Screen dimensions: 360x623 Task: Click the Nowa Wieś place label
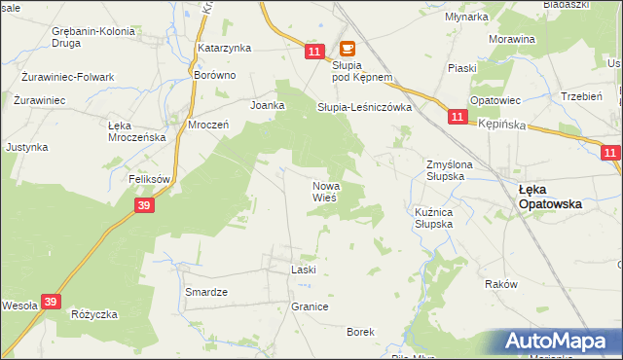point(325,192)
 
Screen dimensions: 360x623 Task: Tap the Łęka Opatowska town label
point(550,198)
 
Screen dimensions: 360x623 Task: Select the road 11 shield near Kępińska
point(458,117)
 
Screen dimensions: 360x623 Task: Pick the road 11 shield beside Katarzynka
point(311,50)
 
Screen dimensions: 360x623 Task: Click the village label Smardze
point(205,291)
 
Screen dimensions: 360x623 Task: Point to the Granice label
point(310,306)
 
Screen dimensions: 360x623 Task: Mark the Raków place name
point(499,284)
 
